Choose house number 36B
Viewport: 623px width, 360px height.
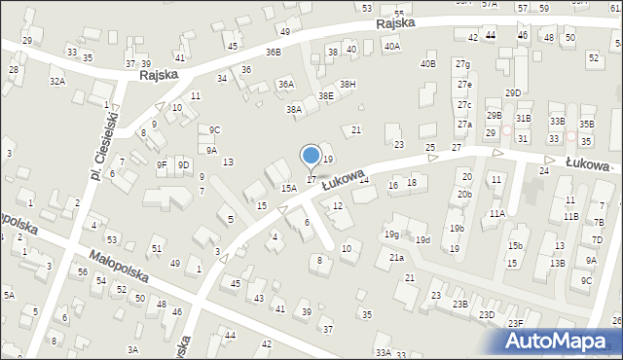pos(273,52)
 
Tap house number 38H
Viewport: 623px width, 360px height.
pos(348,84)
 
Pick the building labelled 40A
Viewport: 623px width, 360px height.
pos(392,46)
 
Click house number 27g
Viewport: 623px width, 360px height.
pos(463,64)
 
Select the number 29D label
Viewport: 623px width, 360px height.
pos(513,92)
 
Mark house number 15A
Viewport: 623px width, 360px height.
pos(289,188)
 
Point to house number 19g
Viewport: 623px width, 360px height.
pos(391,234)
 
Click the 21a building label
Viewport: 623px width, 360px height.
pos(396,257)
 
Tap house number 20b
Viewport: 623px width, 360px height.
pos(465,194)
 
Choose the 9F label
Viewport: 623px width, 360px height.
pos(162,165)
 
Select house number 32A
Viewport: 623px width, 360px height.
pos(57,82)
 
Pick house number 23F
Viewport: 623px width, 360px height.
pos(515,323)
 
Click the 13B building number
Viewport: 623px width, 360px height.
pos(556,263)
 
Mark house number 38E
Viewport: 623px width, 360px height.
pos(326,95)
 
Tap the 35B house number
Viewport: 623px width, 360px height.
pos(586,124)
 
